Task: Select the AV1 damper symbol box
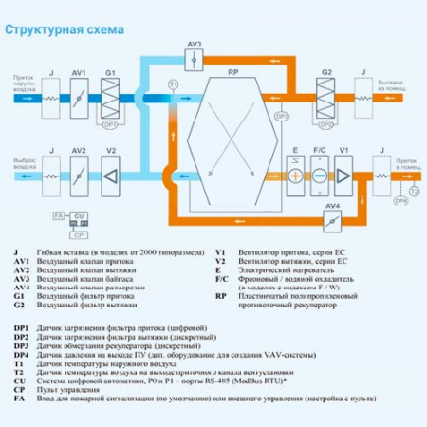80,94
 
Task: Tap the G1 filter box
109,94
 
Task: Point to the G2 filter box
325,94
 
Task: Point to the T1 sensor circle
173,85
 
